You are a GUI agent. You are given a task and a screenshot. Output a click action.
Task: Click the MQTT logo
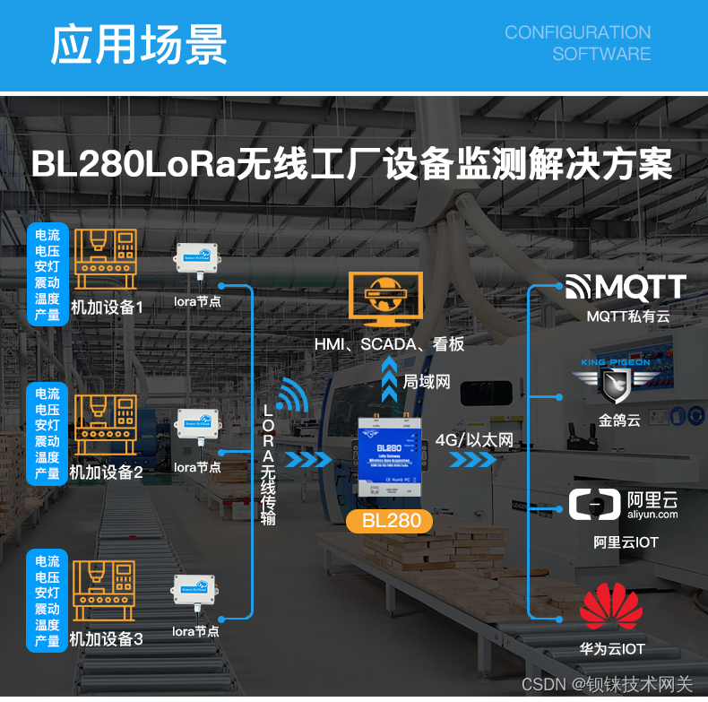coord(626,287)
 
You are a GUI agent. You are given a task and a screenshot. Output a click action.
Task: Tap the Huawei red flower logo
coord(611,607)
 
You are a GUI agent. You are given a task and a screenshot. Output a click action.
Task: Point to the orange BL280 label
coord(390,521)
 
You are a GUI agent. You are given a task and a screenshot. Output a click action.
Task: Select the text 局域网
coord(427,381)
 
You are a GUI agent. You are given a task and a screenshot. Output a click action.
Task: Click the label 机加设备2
coord(107,471)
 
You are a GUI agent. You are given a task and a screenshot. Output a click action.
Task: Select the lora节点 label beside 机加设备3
coord(196,631)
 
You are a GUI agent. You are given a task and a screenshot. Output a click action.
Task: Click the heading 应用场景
coord(139,45)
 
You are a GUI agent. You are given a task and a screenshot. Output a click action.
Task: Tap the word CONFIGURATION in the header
coord(577,32)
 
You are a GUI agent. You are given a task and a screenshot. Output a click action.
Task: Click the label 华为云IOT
coord(612,649)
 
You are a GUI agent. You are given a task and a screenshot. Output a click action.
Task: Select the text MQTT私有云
coord(627,316)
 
